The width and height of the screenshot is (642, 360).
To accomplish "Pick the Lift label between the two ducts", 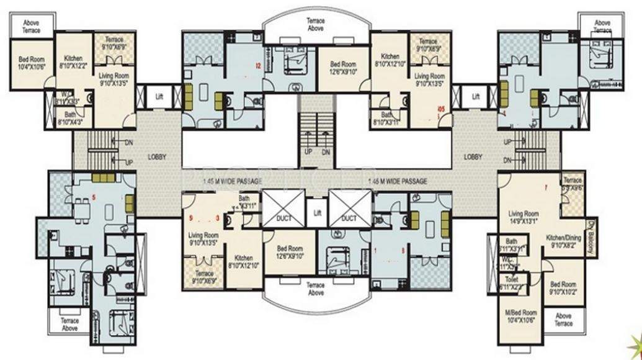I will tap(318, 212).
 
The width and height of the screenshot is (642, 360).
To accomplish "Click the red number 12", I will tap(256, 64).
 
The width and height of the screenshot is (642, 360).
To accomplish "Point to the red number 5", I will tap(94, 197).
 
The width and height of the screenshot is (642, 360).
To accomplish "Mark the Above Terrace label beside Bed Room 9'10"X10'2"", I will tap(563, 320).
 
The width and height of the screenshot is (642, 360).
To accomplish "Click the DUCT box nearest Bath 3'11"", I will tap(278, 210).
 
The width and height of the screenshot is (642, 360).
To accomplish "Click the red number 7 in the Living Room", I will tap(545, 187).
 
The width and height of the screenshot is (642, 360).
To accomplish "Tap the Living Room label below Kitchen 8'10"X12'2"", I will tap(114, 78).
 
